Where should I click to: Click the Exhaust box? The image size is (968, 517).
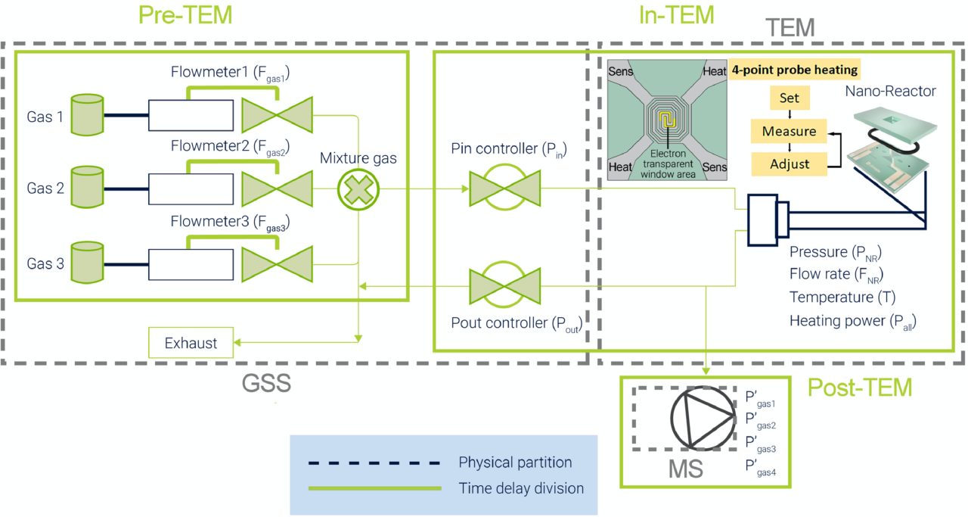[x=191, y=343]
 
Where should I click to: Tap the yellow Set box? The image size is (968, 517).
[x=789, y=98]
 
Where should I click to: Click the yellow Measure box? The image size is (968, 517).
[x=789, y=131]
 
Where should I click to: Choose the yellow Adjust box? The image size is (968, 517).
[x=789, y=164]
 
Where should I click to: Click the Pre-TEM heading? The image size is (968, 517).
[x=185, y=15]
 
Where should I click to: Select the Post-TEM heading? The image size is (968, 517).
[x=860, y=388]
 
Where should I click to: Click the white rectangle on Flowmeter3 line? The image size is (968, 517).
[x=191, y=262]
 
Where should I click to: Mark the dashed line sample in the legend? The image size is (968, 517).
[x=374, y=462]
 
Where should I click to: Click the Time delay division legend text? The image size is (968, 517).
[x=521, y=488]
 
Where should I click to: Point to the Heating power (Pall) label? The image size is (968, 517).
[x=858, y=321]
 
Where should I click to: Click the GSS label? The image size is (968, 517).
[x=266, y=384]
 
